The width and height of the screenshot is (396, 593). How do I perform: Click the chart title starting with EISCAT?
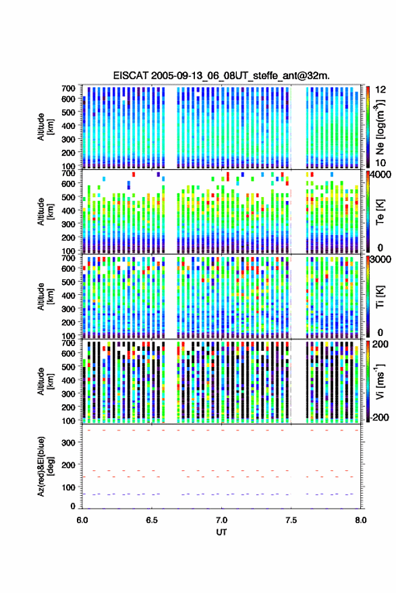[x=221, y=76]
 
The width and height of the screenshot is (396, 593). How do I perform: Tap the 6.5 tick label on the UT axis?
[x=152, y=520]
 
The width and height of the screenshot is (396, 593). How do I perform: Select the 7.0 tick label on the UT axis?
[x=221, y=520]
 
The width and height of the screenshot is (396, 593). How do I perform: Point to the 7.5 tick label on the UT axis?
[x=291, y=520]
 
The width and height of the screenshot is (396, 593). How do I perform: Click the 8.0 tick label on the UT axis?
[x=360, y=520]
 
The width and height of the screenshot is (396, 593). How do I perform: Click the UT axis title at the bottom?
[x=221, y=532]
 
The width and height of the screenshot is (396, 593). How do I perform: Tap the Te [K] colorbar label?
[x=380, y=212]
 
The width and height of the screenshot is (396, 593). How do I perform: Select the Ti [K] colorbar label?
[x=380, y=297]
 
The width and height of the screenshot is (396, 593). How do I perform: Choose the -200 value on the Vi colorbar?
[x=379, y=418]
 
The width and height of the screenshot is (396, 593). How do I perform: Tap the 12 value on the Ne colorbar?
[x=380, y=90]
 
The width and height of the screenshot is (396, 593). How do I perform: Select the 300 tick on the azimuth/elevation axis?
[x=68, y=443]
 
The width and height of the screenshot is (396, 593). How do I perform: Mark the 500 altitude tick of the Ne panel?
[x=68, y=112]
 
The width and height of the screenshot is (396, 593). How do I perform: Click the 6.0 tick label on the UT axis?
[x=82, y=520]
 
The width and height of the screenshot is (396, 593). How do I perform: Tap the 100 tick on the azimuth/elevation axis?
[x=68, y=487]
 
